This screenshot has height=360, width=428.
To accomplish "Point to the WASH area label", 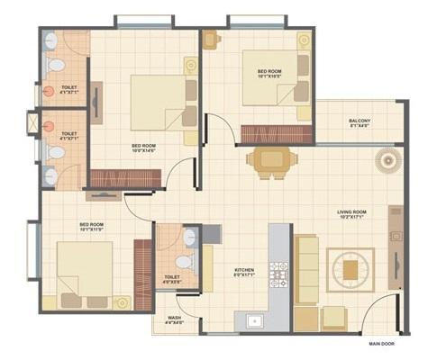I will point(175,318).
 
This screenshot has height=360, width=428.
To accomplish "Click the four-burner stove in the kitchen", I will point(278,274).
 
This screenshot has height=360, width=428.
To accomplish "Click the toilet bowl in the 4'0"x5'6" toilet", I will point(187,240).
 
